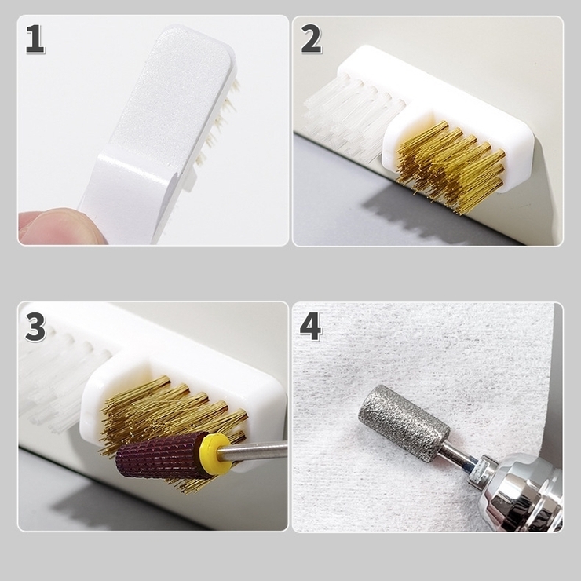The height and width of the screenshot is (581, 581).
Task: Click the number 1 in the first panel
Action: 35,39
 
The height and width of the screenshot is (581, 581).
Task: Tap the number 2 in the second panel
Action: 311,39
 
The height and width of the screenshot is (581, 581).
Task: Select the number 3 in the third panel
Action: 35,327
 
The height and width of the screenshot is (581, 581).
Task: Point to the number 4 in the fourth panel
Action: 310,327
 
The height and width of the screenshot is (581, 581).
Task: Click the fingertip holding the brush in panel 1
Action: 56,226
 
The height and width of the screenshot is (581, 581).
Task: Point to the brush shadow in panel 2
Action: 426,215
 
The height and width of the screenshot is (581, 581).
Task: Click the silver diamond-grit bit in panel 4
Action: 404,423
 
